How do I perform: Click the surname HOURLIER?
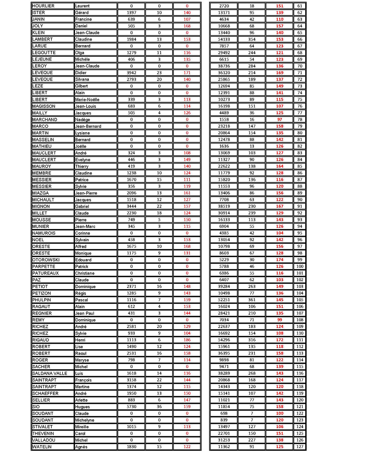click(43, 6)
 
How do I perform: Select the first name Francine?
click(83, 19)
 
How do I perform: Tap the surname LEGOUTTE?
click(44, 53)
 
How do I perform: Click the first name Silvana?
click(82, 79)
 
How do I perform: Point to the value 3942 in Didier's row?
click(132, 73)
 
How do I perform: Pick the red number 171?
click(187, 73)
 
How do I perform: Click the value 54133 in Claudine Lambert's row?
click(224, 40)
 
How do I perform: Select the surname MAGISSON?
click(44, 106)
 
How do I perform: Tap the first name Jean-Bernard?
click(88, 127)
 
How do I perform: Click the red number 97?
click(280, 120)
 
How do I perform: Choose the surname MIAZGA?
click(40, 193)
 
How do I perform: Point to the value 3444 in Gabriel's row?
click(132, 206)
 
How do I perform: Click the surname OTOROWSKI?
click(46, 260)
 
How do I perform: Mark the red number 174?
click(280, 260)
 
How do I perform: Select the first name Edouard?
click(83, 260)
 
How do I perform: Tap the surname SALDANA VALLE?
click(50, 374)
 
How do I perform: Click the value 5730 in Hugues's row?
click(132, 407)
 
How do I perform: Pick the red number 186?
click(187, 340)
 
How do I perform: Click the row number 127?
click(300, 447)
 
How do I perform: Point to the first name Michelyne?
click(85, 420)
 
